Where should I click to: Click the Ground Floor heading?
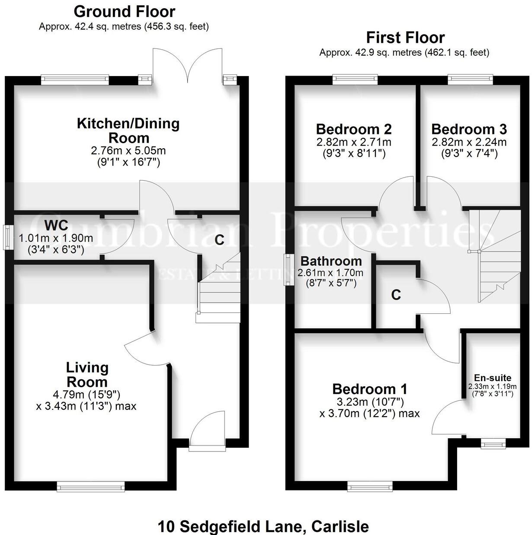tap(125, 12)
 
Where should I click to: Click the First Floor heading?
tap(405, 38)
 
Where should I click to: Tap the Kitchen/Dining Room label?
tap(128, 131)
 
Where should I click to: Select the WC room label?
tap(56, 226)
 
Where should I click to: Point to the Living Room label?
tap(87, 375)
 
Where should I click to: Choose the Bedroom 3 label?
tap(469, 129)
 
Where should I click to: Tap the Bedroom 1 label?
tap(369, 389)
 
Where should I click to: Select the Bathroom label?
tap(331, 261)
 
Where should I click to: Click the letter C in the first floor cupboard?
tap(396, 295)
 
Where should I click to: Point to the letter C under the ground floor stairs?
tap(219, 240)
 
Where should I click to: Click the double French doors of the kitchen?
tap(188, 65)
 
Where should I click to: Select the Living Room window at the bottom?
tap(91, 487)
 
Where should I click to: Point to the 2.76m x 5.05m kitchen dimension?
tap(128, 151)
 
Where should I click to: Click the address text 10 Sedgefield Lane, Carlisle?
tap(263, 527)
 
